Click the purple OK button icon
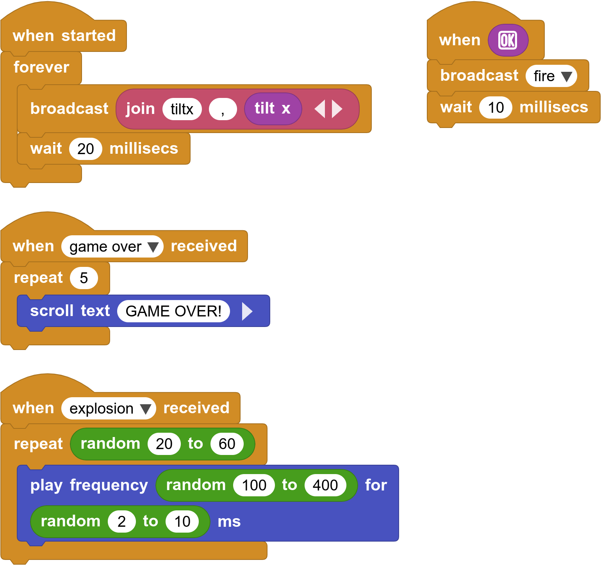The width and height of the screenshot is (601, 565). pyautogui.click(x=508, y=40)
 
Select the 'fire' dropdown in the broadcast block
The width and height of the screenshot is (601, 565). pyautogui.click(x=551, y=76)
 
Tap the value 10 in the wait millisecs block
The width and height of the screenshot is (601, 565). pyautogui.click(x=496, y=108)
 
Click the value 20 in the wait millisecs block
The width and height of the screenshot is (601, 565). pyautogui.click(x=86, y=149)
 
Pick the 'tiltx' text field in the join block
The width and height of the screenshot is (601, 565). pyautogui.click(x=182, y=109)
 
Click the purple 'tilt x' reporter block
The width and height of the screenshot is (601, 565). pyautogui.click(x=273, y=109)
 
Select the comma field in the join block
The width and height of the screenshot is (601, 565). pyautogui.click(x=223, y=109)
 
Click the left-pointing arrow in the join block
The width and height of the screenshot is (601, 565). pyautogui.click(x=320, y=109)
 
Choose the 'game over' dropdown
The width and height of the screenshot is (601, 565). pyautogui.click(x=112, y=247)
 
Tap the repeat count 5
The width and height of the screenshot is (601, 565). pyautogui.click(x=84, y=278)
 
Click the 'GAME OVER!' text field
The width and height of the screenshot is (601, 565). pyautogui.click(x=173, y=311)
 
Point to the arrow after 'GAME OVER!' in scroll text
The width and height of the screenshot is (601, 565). pyautogui.click(x=247, y=311)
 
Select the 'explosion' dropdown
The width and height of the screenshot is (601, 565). pyautogui.click(x=109, y=409)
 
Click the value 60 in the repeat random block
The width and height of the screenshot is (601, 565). pyautogui.click(x=227, y=444)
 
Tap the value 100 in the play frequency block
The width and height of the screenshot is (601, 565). pyautogui.click(x=254, y=485)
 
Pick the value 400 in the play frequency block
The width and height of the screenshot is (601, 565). pyautogui.click(x=325, y=485)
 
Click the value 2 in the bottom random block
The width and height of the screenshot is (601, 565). pyautogui.click(x=121, y=522)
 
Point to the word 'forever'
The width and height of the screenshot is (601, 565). pyautogui.click(x=41, y=68)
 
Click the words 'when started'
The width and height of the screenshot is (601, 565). pyautogui.click(x=64, y=36)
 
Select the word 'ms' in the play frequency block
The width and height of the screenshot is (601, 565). pyautogui.click(x=229, y=522)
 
